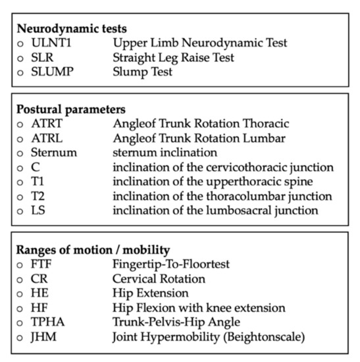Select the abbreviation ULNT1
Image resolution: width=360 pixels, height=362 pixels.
pyautogui.click(x=49, y=43)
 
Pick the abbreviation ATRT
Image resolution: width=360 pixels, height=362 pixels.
pyautogui.click(x=45, y=123)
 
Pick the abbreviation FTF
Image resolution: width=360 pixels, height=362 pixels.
pyautogui.click(x=41, y=265)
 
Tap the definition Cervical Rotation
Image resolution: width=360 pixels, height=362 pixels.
pyautogui.click(x=159, y=278)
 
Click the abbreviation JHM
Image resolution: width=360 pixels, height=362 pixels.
pyautogui.click(x=41, y=336)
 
